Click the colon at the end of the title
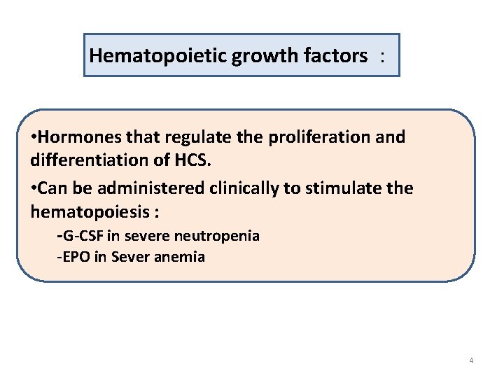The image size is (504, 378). pos(382,56)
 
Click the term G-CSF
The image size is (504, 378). pos(82,236)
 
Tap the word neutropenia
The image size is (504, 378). pos(218,236)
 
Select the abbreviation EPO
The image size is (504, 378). pos(76,257)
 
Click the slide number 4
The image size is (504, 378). pos(471,360)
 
